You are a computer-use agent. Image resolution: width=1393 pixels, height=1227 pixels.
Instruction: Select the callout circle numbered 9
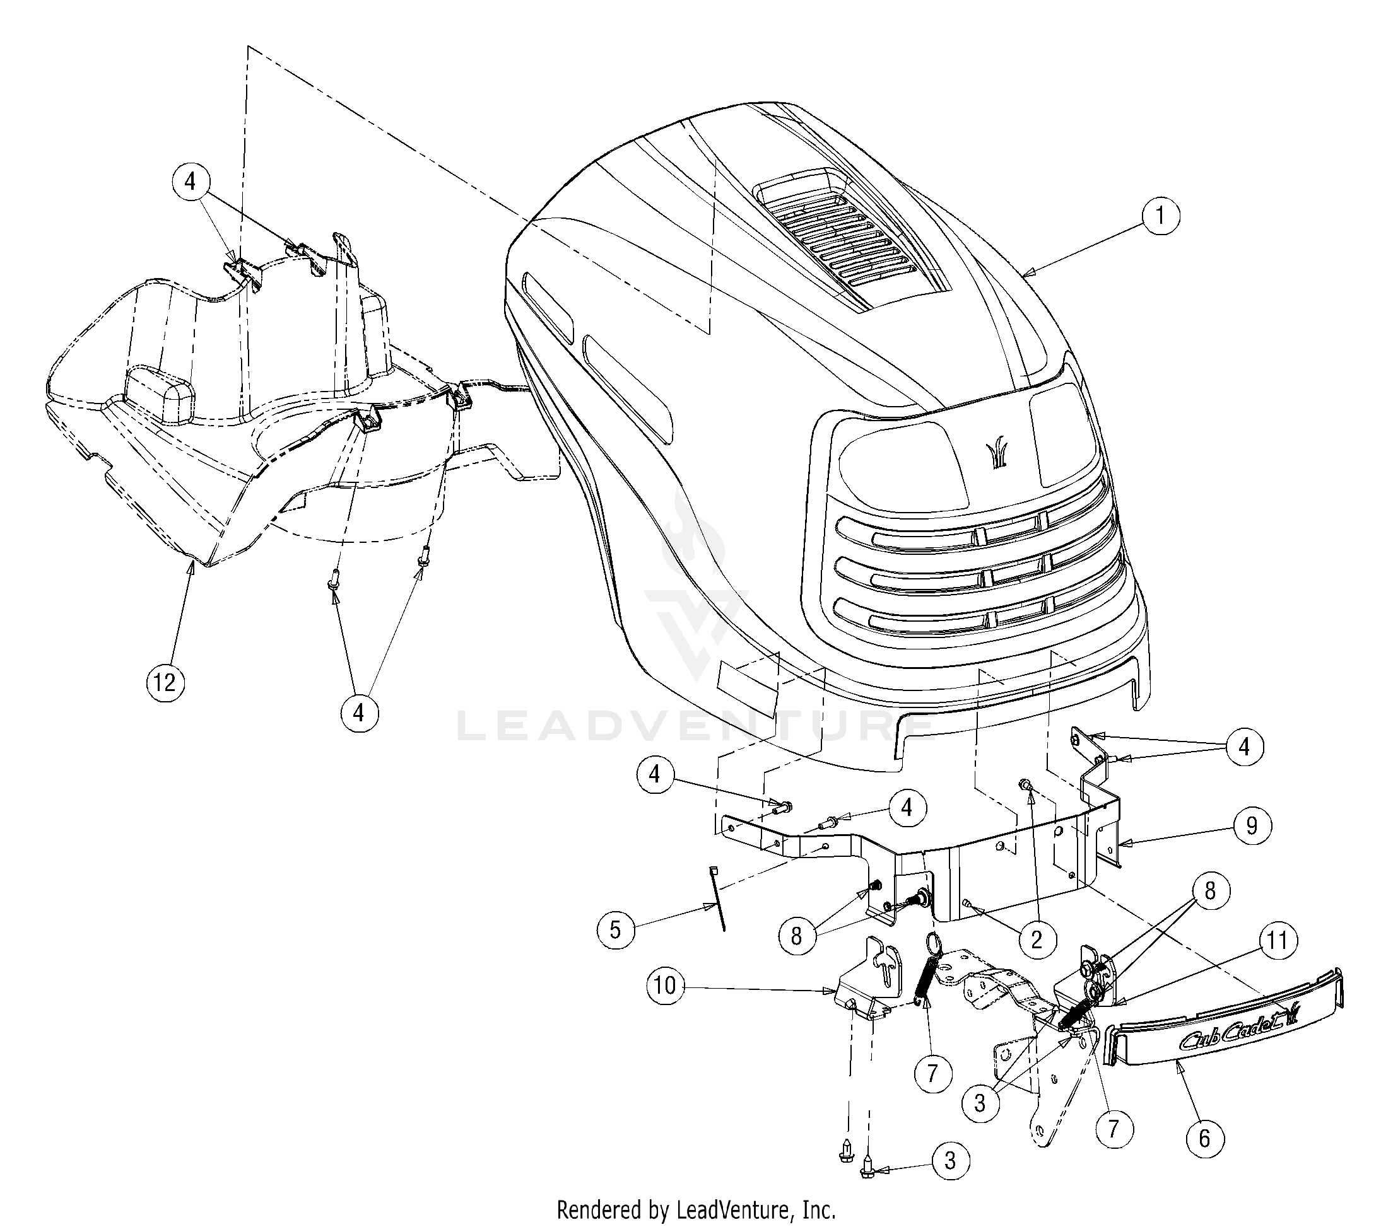[1251, 826]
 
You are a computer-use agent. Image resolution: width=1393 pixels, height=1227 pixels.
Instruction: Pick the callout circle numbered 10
[665, 986]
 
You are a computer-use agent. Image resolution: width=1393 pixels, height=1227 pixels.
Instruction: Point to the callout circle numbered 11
[1277, 941]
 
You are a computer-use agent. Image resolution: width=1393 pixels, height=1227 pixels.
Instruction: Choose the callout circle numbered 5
[615, 929]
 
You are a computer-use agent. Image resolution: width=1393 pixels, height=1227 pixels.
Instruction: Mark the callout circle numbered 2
[1037, 939]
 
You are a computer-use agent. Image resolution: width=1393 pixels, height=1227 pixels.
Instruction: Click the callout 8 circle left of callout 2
[796, 936]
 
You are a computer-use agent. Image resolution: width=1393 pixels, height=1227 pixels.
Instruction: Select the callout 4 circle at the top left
[189, 181]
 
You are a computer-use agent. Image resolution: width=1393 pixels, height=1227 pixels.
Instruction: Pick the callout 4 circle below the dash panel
[358, 712]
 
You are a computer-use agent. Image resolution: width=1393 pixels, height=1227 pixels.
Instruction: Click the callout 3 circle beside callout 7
[980, 1102]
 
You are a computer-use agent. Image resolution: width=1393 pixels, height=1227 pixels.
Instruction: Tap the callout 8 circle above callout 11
[1209, 891]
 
